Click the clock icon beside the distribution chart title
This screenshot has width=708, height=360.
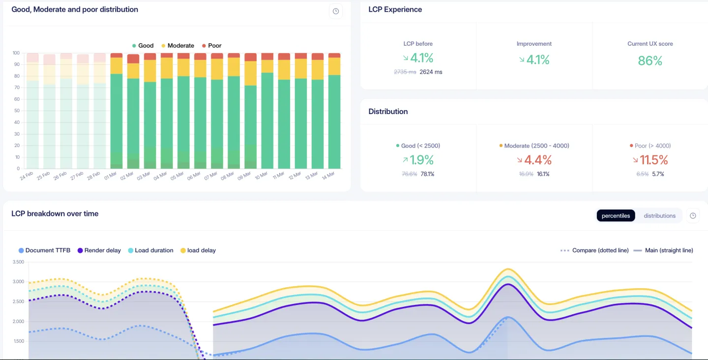336,11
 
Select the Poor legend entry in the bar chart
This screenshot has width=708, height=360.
211,46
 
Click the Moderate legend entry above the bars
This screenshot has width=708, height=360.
177,46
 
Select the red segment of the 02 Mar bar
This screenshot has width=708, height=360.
133,59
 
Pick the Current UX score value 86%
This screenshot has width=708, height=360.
650,61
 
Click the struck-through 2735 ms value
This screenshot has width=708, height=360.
405,72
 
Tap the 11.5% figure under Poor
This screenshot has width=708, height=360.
653,160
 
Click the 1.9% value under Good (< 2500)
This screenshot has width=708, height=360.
422,160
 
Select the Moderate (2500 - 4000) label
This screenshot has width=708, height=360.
536,146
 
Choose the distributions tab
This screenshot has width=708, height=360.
659,215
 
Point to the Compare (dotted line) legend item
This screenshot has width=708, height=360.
595,250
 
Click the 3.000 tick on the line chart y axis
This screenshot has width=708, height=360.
17,282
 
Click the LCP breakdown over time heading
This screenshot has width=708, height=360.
55,213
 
